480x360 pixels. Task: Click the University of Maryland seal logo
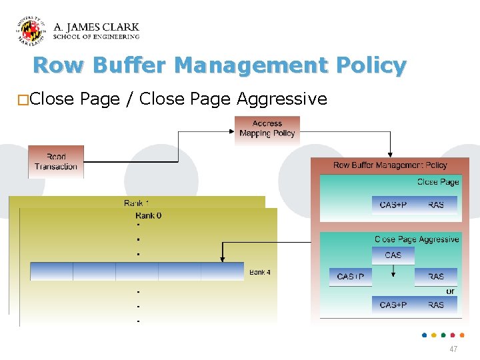click(x=31, y=31)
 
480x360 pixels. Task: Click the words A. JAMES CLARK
click(x=96, y=27)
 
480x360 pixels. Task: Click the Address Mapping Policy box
click(x=267, y=128)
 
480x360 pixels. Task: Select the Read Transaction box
click(x=56, y=162)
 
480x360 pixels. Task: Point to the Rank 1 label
click(x=137, y=203)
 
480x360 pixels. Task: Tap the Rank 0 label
click(x=148, y=215)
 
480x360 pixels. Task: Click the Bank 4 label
click(x=260, y=272)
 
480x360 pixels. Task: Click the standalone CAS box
click(x=393, y=255)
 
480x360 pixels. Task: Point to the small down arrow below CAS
click(x=393, y=271)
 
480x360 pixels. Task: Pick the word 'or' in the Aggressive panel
click(x=451, y=291)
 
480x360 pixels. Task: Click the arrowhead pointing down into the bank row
click(x=222, y=259)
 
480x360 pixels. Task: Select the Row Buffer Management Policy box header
click(x=390, y=165)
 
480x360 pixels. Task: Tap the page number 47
click(x=453, y=349)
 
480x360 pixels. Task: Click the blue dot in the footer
click(x=425, y=335)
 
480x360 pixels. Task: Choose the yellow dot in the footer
click(x=434, y=335)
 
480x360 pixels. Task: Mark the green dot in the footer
click(x=443, y=335)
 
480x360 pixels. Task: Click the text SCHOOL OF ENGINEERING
click(x=96, y=37)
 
